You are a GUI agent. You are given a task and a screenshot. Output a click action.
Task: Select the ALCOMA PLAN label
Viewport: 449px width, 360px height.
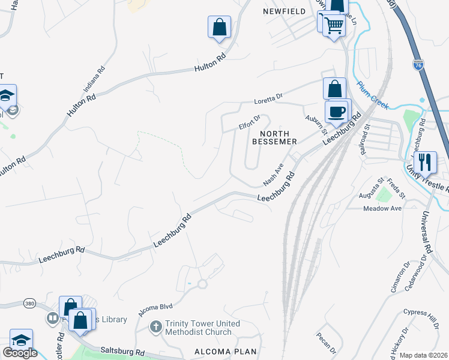(x=225, y=352)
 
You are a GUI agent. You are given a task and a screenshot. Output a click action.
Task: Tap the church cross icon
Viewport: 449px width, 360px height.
(x=155, y=327)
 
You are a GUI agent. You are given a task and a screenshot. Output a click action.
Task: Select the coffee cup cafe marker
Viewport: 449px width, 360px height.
(x=337, y=112)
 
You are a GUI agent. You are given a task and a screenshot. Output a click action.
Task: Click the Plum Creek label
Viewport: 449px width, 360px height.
(x=373, y=92)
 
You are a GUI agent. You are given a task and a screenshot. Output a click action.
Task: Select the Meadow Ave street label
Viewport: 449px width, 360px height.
(x=382, y=208)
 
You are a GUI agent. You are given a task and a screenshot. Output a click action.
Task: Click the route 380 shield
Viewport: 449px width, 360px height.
(x=29, y=304)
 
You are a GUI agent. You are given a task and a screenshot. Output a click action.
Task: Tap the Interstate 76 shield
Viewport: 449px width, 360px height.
(x=418, y=63)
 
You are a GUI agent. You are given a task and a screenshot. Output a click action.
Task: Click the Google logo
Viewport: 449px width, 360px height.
(x=20, y=353)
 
